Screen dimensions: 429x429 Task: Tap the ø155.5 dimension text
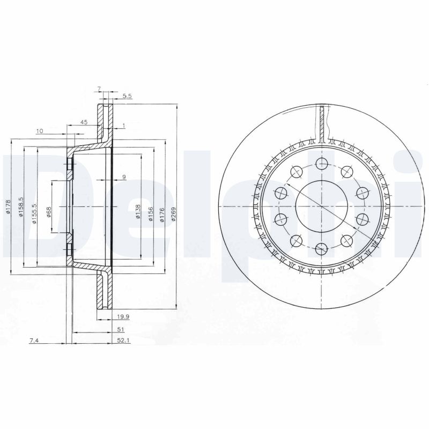[34, 213]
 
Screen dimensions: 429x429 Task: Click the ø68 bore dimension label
[48, 212]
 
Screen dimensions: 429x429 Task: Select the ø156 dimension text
[150, 212]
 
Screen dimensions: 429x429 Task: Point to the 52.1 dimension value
[122, 340]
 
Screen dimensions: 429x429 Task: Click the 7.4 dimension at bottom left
[34, 340]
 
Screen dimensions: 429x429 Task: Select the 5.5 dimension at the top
[127, 95]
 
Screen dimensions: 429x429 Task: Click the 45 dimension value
[84, 122]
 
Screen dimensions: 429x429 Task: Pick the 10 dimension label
[40, 131]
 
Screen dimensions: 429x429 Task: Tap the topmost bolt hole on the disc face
[321, 165]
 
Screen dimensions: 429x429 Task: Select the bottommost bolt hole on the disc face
[321, 248]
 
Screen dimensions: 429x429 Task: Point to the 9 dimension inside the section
[124, 176]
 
